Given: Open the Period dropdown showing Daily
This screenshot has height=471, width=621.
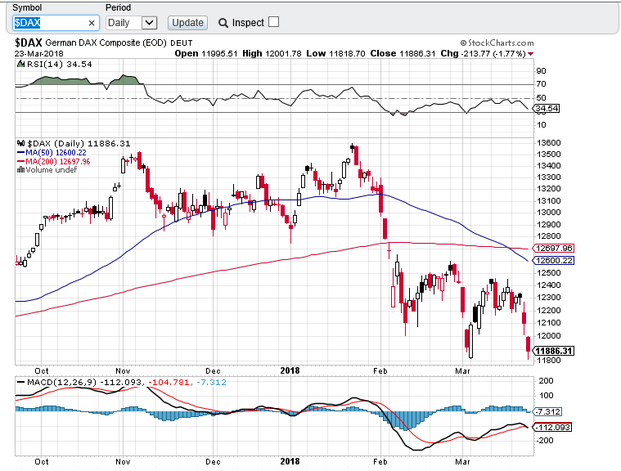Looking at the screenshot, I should (x=131, y=23).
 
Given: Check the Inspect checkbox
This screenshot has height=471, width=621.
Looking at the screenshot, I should (x=273, y=22).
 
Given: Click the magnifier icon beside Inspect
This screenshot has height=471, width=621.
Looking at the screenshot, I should (x=223, y=23).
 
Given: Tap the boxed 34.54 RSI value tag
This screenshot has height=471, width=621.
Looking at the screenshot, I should (x=546, y=108).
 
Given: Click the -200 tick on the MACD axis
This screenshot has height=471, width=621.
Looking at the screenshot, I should (x=546, y=440).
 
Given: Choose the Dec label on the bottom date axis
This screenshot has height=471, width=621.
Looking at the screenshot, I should (x=214, y=461).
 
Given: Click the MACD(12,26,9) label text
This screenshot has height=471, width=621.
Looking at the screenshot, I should (x=52, y=383).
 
